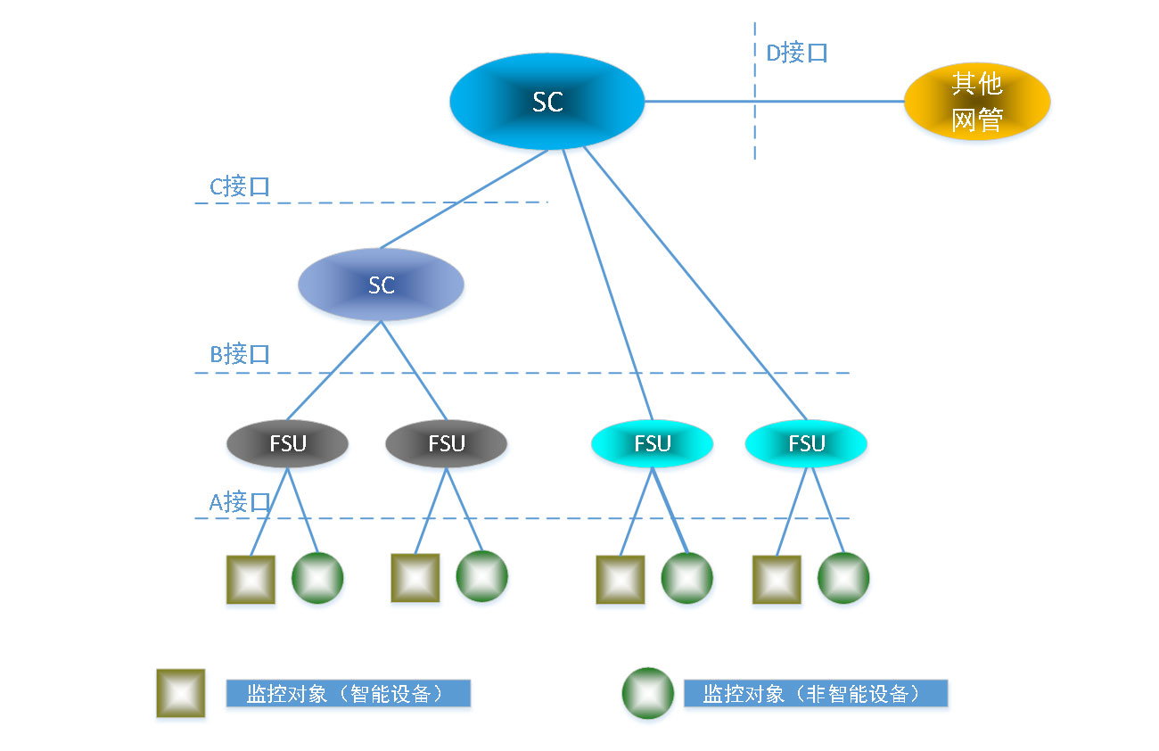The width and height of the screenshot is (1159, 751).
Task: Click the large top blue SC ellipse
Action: pyautogui.click(x=547, y=102)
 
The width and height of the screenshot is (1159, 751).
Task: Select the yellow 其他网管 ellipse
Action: pyautogui.click(x=977, y=102)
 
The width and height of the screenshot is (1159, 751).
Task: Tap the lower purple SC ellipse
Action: pyautogui.click(x=381, y=285)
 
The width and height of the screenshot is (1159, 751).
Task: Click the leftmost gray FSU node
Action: pyautogui.click(x=287, y=443)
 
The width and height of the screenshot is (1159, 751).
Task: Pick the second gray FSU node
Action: pyautogui.click(x=446, y=443)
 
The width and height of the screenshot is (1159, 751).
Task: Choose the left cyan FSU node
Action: pyautogui.click(x=652, y=443)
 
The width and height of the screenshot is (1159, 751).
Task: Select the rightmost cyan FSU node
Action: pyautogui.click(x=806, y=443)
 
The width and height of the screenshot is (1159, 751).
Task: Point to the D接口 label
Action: pyautogui.click(x=797, y=54)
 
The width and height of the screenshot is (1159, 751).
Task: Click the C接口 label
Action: pyautogui.click(x=239, y=186)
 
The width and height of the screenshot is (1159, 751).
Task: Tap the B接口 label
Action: pyautogui.click(x=239, y=354)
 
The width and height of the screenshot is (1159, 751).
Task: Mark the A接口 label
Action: pyautogui.click(x=239, y=501)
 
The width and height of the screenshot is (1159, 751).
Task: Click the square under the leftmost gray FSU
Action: pyautogui.click(x=251, y=579)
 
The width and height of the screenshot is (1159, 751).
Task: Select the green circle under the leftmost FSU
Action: pyautogui.click(x=317, y=578)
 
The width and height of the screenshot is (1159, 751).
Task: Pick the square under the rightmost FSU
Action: pyautogui.click(x=777, y=579)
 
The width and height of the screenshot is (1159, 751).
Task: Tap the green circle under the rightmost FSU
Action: pyautogui.click(x=843, y=578)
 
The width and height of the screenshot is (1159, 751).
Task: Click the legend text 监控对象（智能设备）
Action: pyautogui.click(x=348, y=694)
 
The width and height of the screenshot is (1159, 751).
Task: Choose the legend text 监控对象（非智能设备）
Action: pyautogui.click(x=815, y=694)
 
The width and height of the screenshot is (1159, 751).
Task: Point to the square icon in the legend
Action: pyautogui.click(x=181, y=693)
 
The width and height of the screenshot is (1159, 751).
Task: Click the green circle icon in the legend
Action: pyautogui.click(x=648, y=693)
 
